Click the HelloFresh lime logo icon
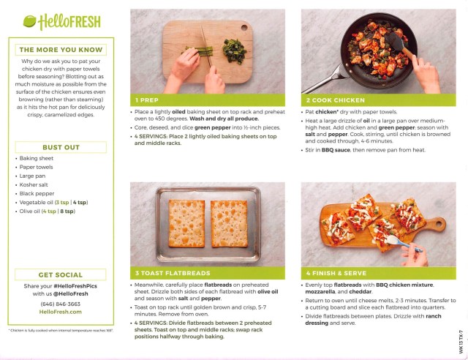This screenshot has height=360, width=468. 30,21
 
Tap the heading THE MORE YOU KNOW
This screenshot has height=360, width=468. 60,50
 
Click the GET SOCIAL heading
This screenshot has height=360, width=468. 60,275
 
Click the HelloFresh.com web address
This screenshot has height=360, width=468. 60,311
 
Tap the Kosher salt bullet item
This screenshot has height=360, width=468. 36,184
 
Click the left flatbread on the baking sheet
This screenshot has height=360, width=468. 186,223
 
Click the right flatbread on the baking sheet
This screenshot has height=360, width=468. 229,223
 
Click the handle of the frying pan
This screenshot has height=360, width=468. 329,76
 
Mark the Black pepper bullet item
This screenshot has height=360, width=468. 37,192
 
